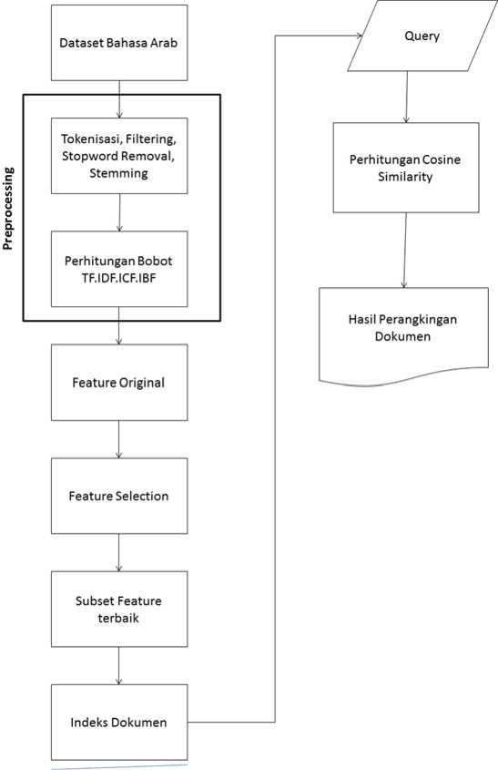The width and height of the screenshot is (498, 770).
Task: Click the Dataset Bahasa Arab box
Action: [119, 43]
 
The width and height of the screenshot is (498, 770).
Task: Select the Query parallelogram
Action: [422, 36]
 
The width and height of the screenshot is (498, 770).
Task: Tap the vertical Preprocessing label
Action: [8, 209]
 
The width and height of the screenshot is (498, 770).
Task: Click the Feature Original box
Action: [119, 383]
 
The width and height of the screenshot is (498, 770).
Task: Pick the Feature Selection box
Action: [119, 496]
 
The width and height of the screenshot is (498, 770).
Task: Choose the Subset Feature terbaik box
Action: [119, 609]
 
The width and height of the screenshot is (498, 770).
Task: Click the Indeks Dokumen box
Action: [119, 723]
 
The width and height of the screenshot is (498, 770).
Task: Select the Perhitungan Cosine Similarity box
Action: [406, 168]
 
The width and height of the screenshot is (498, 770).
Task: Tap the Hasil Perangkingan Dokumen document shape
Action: [403, 336]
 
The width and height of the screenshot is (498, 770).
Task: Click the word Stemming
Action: [118, 173]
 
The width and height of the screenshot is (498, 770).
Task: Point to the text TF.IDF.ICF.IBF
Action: [118, 279]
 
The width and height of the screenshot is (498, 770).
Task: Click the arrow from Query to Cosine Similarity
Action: [406, 98]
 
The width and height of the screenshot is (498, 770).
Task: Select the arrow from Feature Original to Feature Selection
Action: [118, 439]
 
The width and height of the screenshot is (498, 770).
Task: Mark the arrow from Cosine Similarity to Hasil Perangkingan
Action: [405, 251]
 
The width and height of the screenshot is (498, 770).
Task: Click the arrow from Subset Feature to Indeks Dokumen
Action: [118, 666]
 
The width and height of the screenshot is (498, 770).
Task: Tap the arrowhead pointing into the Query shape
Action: [359, 36]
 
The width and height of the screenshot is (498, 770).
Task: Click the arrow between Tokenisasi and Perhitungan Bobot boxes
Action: [119, 212]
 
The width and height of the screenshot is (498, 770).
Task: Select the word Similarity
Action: [405, 177]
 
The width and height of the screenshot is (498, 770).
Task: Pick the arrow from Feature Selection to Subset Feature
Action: [118, 552]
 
